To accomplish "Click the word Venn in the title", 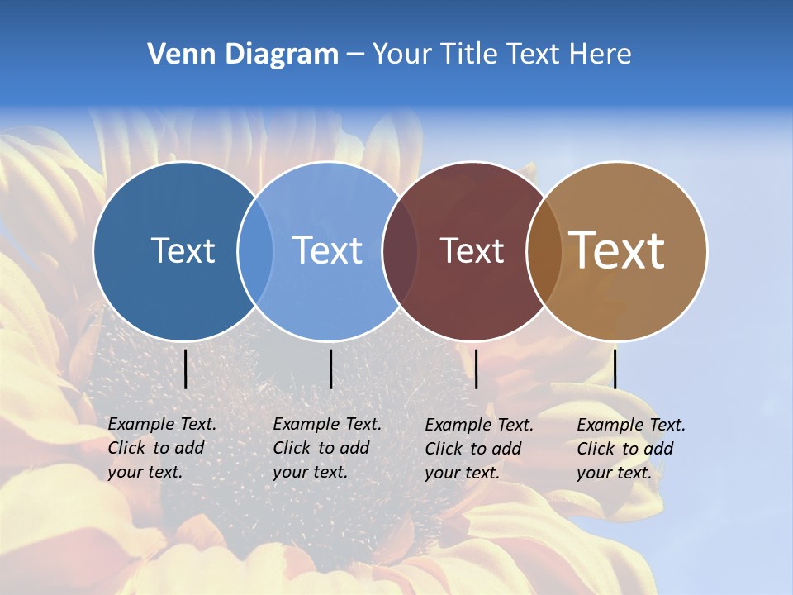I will [177, 55].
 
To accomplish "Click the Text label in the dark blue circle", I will [183, 250].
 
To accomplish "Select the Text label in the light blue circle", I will [328, 250].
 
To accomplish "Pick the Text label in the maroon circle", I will [472, 251].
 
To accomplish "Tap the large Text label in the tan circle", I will [617, 250].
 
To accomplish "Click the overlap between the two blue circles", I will [255, 250].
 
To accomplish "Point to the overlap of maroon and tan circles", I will [544, 250].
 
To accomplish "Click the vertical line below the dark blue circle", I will [185, 369].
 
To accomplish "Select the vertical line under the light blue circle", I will [330, 369].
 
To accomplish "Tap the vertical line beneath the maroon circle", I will [476, 369].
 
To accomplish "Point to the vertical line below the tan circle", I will [615, 369].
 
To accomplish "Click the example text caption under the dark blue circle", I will [161, 448].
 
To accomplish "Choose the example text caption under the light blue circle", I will [326, 448].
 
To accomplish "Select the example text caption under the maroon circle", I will [478, 449].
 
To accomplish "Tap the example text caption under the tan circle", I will [630, 449].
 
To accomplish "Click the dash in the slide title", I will [355, 55].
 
